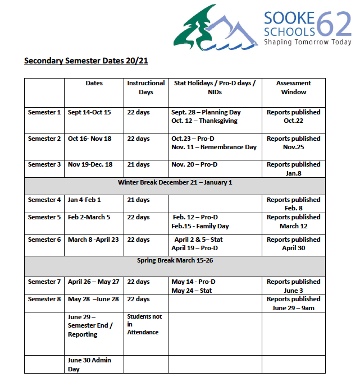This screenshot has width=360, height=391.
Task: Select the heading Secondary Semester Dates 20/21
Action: click(86, 61)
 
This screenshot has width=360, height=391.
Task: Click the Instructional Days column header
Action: click(146, 88)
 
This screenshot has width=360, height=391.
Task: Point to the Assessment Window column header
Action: click(293, 88)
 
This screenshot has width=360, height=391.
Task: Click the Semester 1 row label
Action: click(44, 112)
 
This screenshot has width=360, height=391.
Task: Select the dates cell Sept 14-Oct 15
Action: click(89, 112)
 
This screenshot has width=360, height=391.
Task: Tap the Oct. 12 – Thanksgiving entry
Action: click(204, 121)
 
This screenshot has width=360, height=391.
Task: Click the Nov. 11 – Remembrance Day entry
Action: click(214, 147)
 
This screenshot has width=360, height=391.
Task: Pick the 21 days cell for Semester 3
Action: click(138, 164)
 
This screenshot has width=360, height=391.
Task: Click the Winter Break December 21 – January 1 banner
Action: click(175, 182)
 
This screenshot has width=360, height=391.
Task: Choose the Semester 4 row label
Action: click(44, 200)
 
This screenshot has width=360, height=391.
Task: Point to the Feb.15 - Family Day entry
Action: click(200, 226)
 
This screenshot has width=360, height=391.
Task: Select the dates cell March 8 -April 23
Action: click(94, 240)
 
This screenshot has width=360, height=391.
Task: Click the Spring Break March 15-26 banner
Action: click(175, 261)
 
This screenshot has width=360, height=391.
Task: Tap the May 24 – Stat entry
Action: click(192, 291)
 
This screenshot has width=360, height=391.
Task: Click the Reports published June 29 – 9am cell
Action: click(293, 303)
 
